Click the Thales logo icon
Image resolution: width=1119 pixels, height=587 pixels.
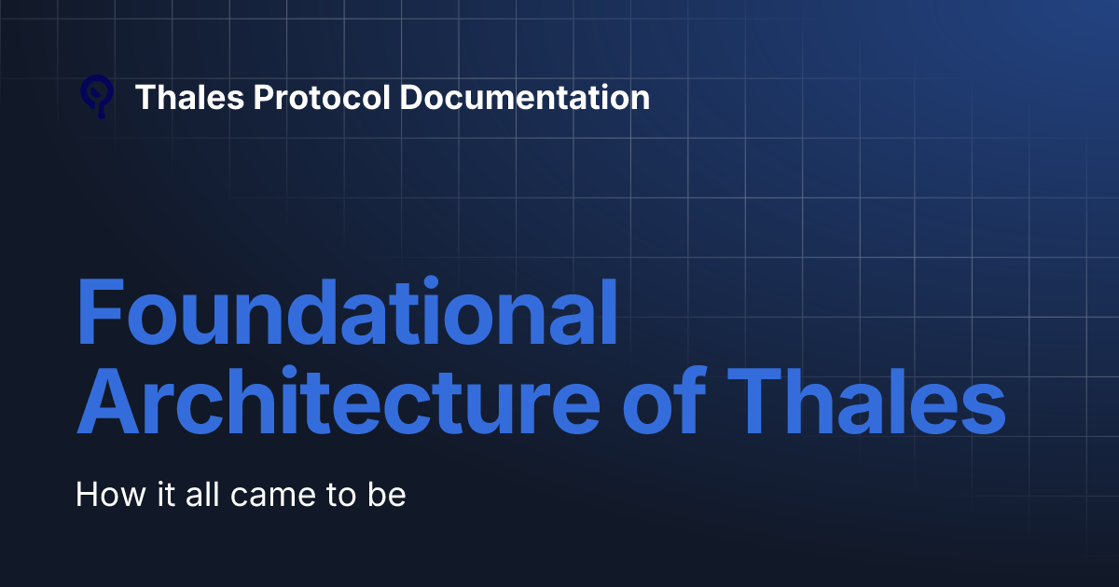[x=97, y=97]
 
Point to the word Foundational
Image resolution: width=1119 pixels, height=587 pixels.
[x=346, y=313]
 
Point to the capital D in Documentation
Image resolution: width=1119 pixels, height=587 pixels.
[x=410, y=97]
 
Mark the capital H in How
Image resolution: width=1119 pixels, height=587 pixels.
[x=87, y=494]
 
